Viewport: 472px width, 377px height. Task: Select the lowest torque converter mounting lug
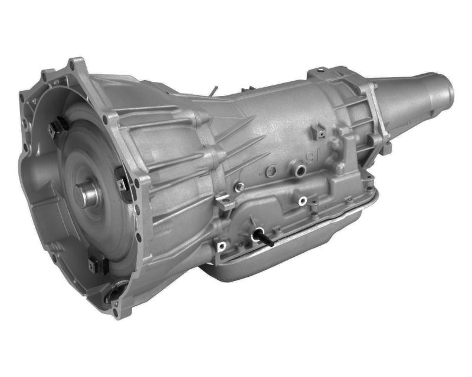pos(97,266)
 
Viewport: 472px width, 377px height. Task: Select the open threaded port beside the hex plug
pos(300,171)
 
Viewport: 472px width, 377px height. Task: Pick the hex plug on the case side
pos(271,171)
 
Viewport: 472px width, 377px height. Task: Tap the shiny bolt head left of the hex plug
pos(239,187)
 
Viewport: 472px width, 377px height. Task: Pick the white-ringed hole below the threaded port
pos(302,201)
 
